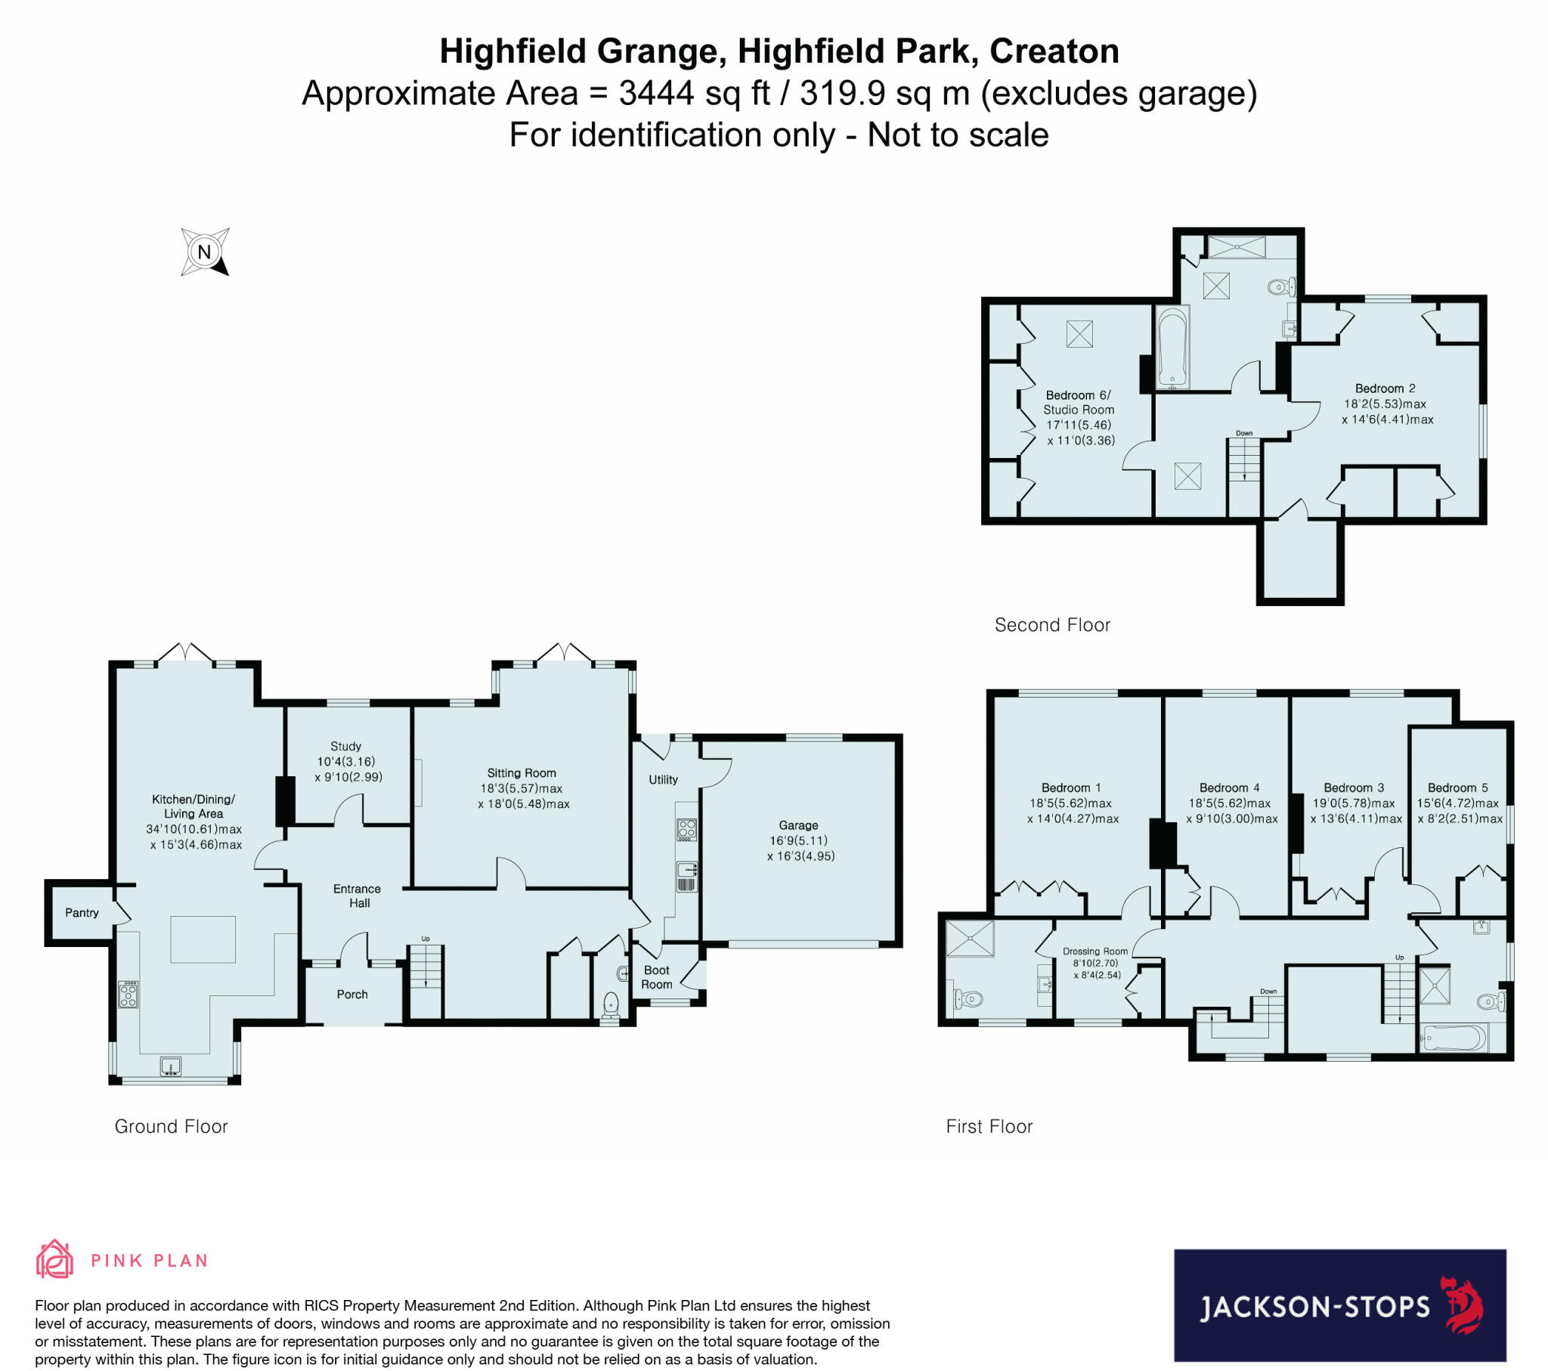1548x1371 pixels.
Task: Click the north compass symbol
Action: click(205, 252)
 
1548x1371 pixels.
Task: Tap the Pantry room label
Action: click(82, 913)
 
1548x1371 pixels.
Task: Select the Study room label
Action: click(345, 746)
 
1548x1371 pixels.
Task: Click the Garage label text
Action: click(798, 825)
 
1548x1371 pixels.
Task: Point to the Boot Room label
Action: click(657, 977)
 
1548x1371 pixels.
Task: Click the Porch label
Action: click(352, 994)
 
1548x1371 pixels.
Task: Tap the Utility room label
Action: click(663, 779)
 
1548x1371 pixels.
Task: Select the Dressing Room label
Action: click(1095, 952)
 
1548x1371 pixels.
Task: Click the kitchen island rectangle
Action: click(203, 939)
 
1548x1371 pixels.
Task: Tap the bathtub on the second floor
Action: click(1172, 347)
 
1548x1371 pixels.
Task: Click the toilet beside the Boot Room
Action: click(611, 1006)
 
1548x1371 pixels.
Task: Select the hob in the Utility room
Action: click(686, 829)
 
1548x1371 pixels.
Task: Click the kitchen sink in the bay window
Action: click(171, 1066)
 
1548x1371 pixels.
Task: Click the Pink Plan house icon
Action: click(54, 1260)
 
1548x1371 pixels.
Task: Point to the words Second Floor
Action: click(1052, 625)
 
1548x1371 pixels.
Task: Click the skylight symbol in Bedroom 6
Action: click(1079, 334)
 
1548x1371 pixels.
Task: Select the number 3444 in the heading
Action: click(656, 93)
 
